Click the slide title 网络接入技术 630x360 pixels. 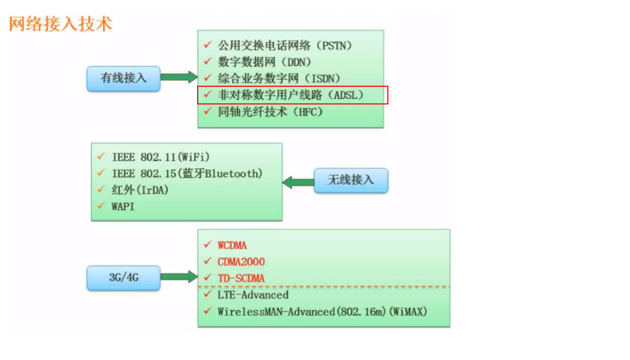pyautogui.click(x=61, y=24)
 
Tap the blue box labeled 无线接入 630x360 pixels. pyautogui.click(x=350, y=181)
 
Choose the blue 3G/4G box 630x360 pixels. pyautogui.click(x=123, y=277)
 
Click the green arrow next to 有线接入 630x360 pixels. pyautogui.click(x=179, y=77)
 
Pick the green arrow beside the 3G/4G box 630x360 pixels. pyautogui.click(x=179, y=277)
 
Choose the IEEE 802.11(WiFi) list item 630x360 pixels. pyautogui.click(x=161, y=157)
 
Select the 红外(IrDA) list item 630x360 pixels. pyautogui.click(x=140, y=190)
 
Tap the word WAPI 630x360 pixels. pyautogui.click(x=123, y=206)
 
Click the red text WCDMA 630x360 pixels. pyautogui.click(x=232, y=245)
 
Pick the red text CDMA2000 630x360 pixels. pyautogui.click(x=241, y=262)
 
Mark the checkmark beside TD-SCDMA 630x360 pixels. pyautogui.click(x=207, y=278)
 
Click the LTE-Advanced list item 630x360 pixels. pyautogui.click(x=253, y=295)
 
